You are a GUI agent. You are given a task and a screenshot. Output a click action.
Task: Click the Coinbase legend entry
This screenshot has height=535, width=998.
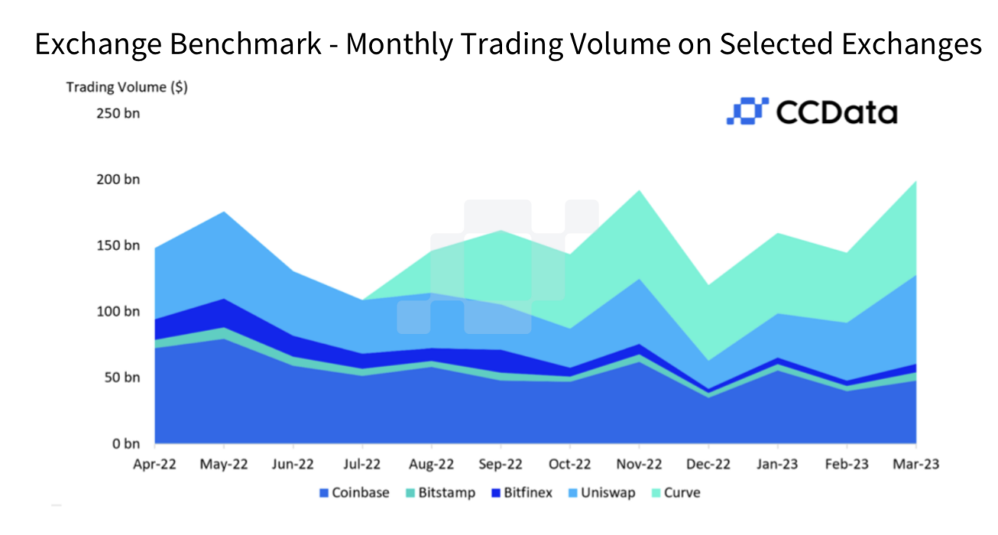354,493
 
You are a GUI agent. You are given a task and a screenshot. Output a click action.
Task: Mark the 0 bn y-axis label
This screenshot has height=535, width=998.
125,445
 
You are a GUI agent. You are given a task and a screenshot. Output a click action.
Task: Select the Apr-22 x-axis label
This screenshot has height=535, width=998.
154,464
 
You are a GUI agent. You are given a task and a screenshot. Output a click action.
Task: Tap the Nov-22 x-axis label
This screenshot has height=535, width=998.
639,464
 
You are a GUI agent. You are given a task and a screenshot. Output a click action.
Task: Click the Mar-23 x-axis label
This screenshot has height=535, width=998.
915,464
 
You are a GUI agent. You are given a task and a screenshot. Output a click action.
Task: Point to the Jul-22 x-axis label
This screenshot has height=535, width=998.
362,464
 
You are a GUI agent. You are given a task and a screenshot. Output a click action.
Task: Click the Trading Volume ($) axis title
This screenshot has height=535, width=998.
126,87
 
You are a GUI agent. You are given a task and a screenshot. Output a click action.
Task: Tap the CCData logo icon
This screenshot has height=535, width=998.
747,111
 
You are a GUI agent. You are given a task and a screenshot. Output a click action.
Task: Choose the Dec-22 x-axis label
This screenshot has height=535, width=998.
707,464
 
